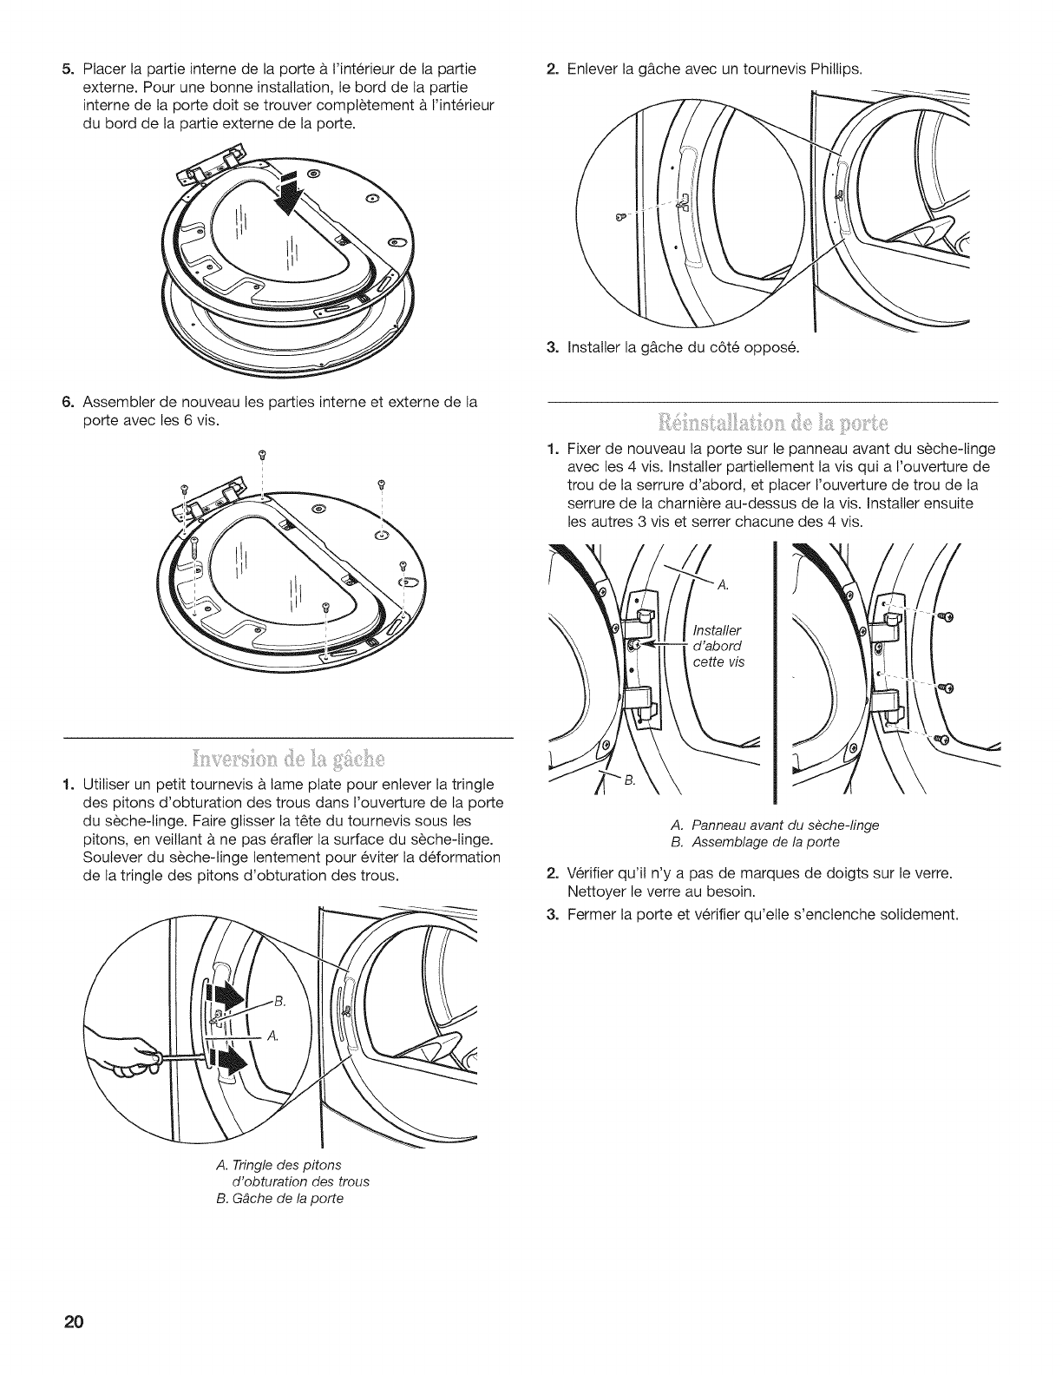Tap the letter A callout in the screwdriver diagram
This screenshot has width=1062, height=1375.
click(272, 1036)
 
